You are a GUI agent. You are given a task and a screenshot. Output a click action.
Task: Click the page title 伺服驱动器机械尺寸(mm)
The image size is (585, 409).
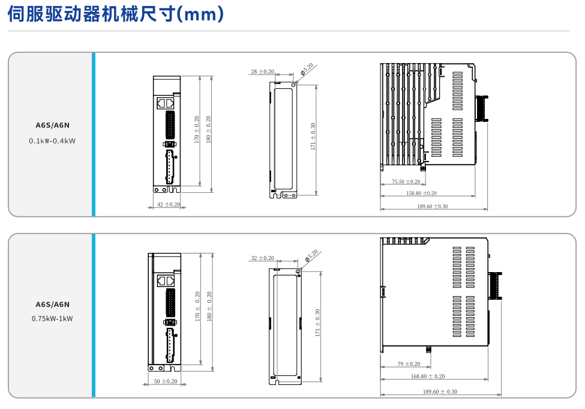click(x=115, y=14)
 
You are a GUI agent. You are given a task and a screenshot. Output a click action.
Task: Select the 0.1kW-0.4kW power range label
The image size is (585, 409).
click(x=53, y=141)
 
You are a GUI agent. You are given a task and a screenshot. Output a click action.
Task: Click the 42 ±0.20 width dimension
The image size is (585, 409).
click(x=168, y=205)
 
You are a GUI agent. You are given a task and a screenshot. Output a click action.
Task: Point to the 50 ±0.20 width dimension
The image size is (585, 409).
click(x=165, y=381)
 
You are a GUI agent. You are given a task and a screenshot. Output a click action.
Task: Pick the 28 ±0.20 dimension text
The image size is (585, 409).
click(x=262, y=71)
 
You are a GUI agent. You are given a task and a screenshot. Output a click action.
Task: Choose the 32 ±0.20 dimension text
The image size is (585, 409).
click(x=262, y=258)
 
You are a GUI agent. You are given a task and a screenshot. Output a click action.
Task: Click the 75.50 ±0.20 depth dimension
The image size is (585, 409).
click(x=406, y=181)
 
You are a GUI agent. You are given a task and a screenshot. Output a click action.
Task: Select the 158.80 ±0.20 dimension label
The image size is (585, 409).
click(x=421, y=193)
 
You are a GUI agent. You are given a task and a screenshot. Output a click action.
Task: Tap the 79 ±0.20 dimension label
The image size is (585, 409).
click(x=409, y=364)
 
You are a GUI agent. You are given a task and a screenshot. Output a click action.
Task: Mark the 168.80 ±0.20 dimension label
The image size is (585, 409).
click(x=427, y=377)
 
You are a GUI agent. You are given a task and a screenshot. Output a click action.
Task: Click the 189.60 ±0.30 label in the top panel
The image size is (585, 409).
click(x=432, y=206)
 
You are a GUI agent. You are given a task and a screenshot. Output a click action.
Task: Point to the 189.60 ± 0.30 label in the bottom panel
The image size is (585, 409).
click(x=440, y=392)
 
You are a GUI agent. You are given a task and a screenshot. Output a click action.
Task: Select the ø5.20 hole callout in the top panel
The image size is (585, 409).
click(x=307, y=69)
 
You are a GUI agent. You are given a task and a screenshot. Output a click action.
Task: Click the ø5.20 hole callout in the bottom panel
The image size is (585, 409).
click(x=311, y=256)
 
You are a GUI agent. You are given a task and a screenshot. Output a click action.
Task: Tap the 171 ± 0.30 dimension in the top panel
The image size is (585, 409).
click(x=313, y=136)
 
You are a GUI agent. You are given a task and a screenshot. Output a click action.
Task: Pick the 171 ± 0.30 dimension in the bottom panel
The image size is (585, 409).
click(x=318, y=323)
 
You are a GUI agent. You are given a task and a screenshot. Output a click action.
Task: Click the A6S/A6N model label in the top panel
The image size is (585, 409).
click(x=53, y=126)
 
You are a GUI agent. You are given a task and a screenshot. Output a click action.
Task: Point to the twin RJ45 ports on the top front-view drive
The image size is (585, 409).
click(x=165, y=103)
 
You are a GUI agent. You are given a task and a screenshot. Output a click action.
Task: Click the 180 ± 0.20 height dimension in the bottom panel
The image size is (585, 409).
click(x=209, y=306)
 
